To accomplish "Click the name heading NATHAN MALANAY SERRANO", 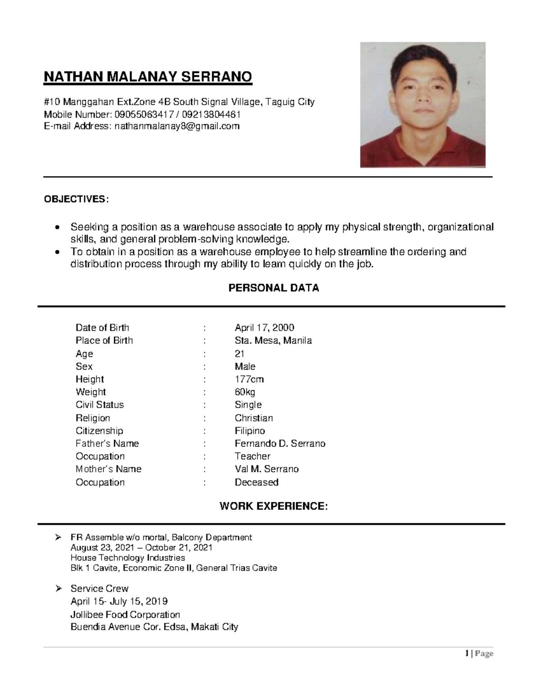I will coord(147,77).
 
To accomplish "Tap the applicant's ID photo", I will coord(422,105).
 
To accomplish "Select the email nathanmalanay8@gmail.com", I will coord(177,126).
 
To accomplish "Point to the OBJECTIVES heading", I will coord(76,199).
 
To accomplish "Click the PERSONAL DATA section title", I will coord(274,288).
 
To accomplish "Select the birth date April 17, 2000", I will coord(264,328).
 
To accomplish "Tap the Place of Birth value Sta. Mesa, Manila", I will coord(273,340).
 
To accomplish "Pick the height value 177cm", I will coord(249,379).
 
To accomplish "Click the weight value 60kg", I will coord(245,392).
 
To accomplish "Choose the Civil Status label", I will coord(100,405).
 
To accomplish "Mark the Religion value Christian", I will coord(253,418).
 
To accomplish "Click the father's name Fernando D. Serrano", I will coord(280,444).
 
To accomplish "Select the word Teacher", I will coord(252,456).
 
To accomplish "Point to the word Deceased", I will coord(256,482).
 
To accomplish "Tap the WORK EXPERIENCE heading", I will coord(273,506).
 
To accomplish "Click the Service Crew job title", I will coord(99,589).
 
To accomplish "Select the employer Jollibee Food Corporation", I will coord(125,614).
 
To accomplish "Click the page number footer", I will coord(479,654).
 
